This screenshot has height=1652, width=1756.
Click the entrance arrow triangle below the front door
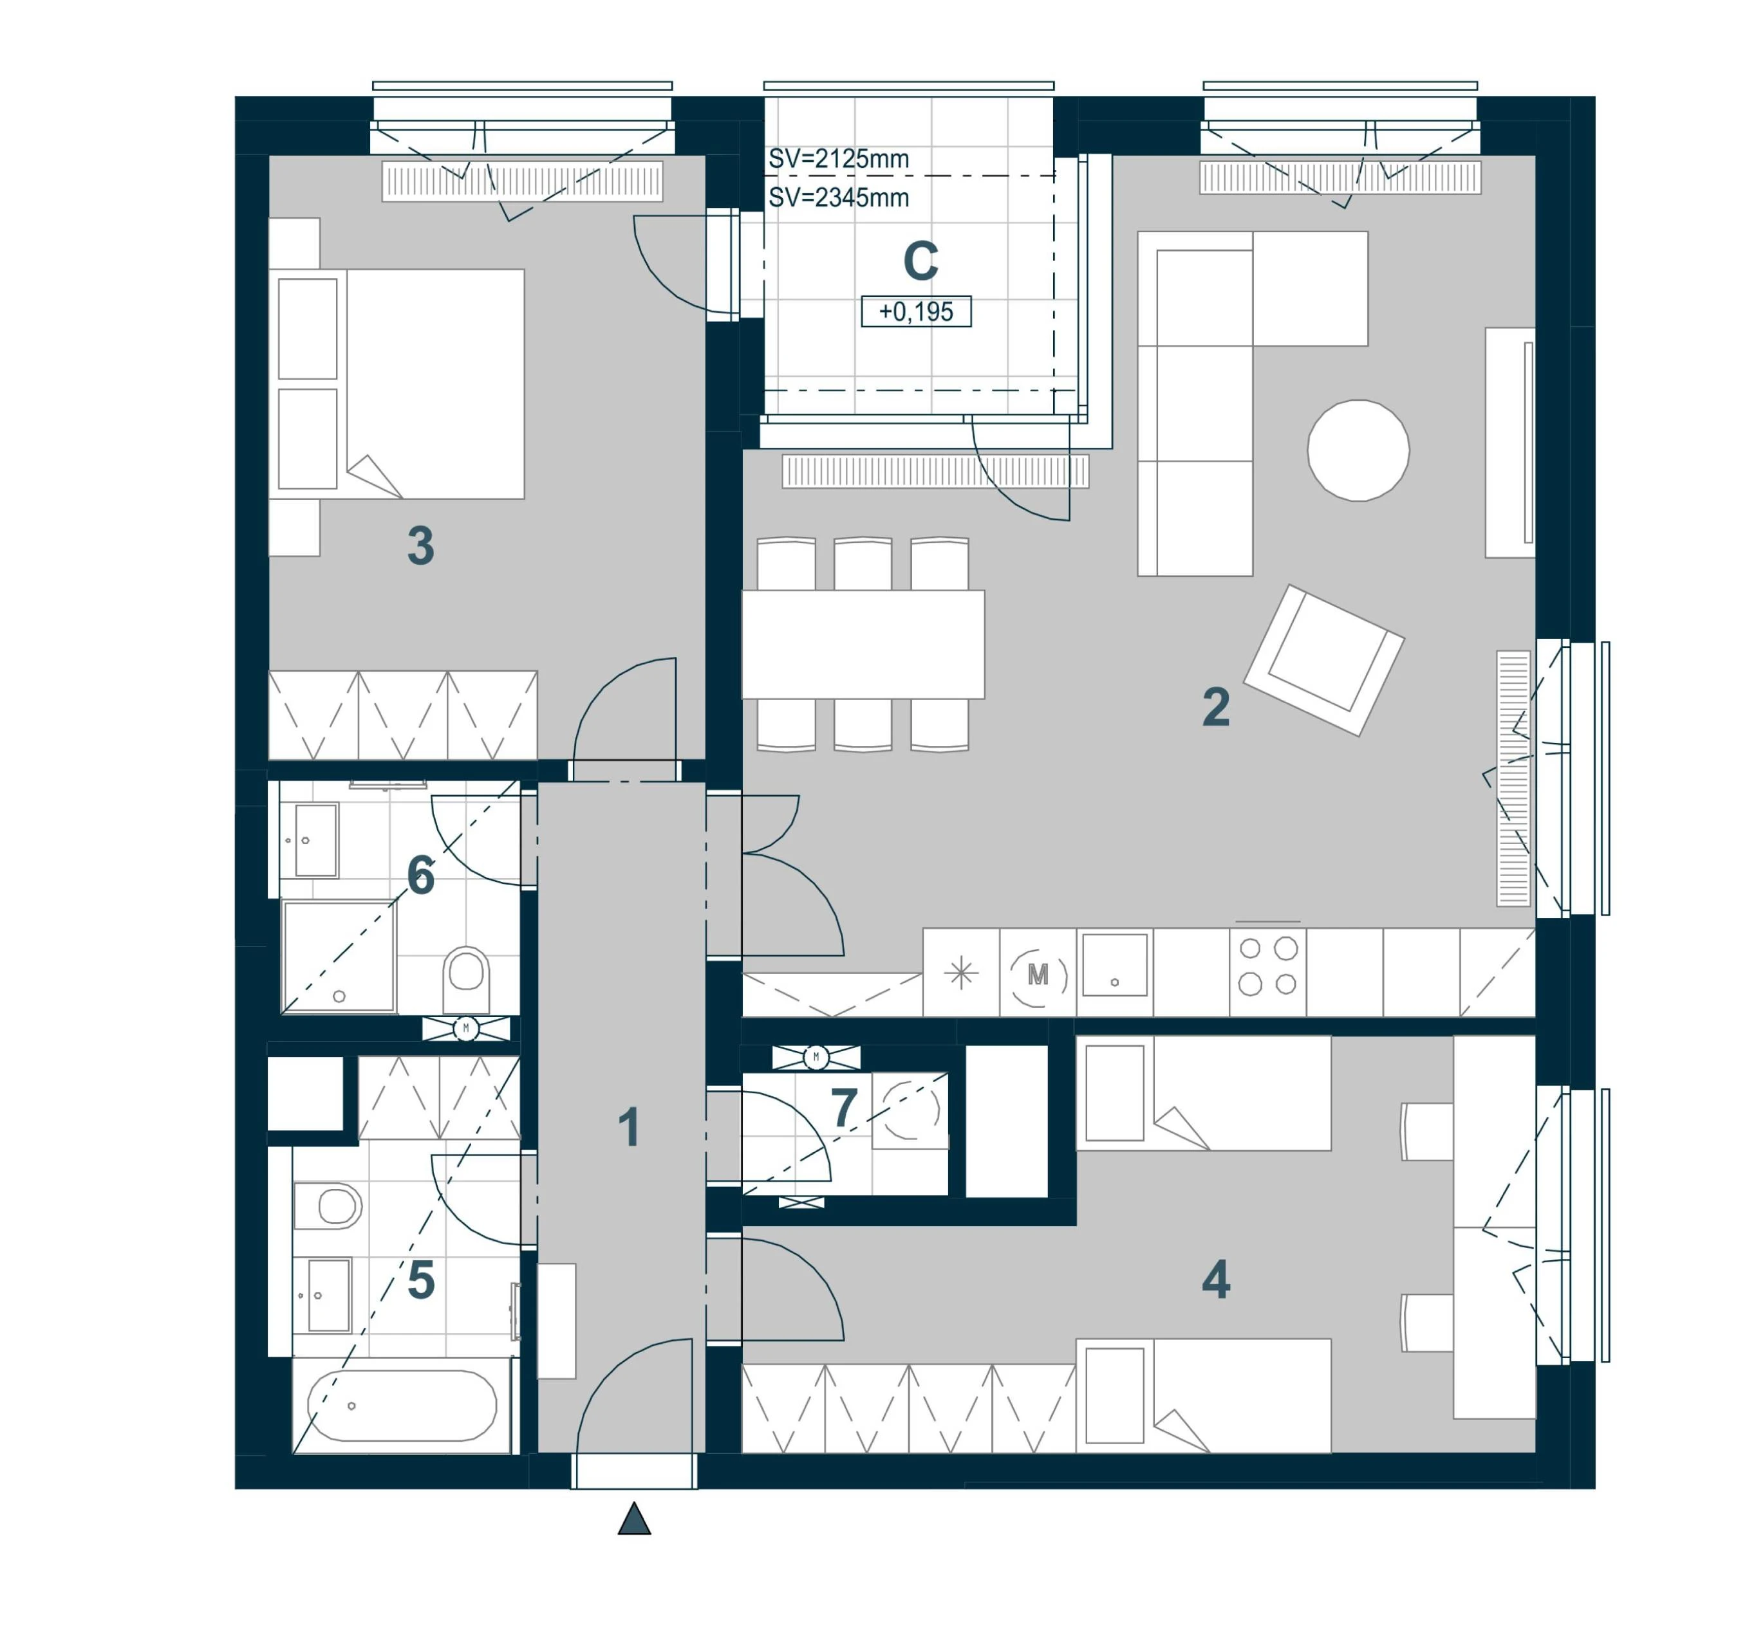click(x=634, y=1519)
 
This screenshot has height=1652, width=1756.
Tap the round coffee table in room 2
click(x=1358, y=450)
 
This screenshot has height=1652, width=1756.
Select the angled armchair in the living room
click(x=1324, y=661)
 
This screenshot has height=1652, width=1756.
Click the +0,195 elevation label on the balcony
click(x=916, y=312)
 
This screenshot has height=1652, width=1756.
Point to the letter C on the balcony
click(x=920, y=261)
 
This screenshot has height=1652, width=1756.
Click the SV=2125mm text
click(x=838, y=159)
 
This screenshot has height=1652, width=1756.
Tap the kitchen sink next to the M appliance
click(x=1115, y=966)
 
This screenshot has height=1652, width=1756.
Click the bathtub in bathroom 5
click(x=402, y=1406)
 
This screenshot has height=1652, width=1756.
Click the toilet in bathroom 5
click(x=327, y=1206)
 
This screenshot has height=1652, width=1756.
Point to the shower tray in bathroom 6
click(x=339, y=956)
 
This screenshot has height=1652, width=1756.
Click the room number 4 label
click(x=1217, y=1280)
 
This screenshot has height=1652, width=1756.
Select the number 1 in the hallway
click(x=629, y=1128)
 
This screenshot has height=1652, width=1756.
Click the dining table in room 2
click(x=863, y=645)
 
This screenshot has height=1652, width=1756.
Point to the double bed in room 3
click(x=397, y=384)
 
